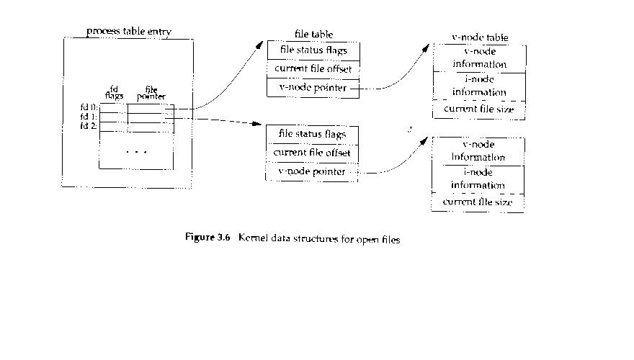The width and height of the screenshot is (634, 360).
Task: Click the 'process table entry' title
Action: [x=129, y=32]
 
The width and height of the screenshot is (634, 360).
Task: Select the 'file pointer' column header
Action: [x=151, y=93]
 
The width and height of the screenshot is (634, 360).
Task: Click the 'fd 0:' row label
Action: [x=89, y=107]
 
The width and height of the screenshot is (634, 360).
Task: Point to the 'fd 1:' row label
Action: [x=89, y=116]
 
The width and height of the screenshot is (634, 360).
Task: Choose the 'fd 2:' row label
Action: [x=89, y=125]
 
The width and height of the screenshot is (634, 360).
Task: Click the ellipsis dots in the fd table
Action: [x=136, y=152]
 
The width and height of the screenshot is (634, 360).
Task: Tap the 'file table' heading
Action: [x=313, y=35]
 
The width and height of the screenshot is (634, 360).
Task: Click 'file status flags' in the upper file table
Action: [x=313, y=50]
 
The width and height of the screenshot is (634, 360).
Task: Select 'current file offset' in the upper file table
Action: [x=313, y=69]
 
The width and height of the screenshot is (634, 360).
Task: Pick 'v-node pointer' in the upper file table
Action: [x=308, y=89]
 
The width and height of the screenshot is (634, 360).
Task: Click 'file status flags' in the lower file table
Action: [x=312, y=134]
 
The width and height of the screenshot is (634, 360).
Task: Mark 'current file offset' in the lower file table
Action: [x=312, y=153]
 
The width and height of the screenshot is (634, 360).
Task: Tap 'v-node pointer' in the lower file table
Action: [x=307, y=172]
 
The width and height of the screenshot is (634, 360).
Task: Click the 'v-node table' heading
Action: [x=480, y=37]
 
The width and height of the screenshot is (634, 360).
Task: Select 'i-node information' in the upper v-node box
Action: [x=479, y=86]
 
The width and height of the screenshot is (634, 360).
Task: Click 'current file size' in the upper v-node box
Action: [x=479, y=109]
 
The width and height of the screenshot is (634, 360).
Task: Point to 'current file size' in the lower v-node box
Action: [x=478, y=202]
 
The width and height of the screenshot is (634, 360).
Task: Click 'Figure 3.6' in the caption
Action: [x=207, y=239]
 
